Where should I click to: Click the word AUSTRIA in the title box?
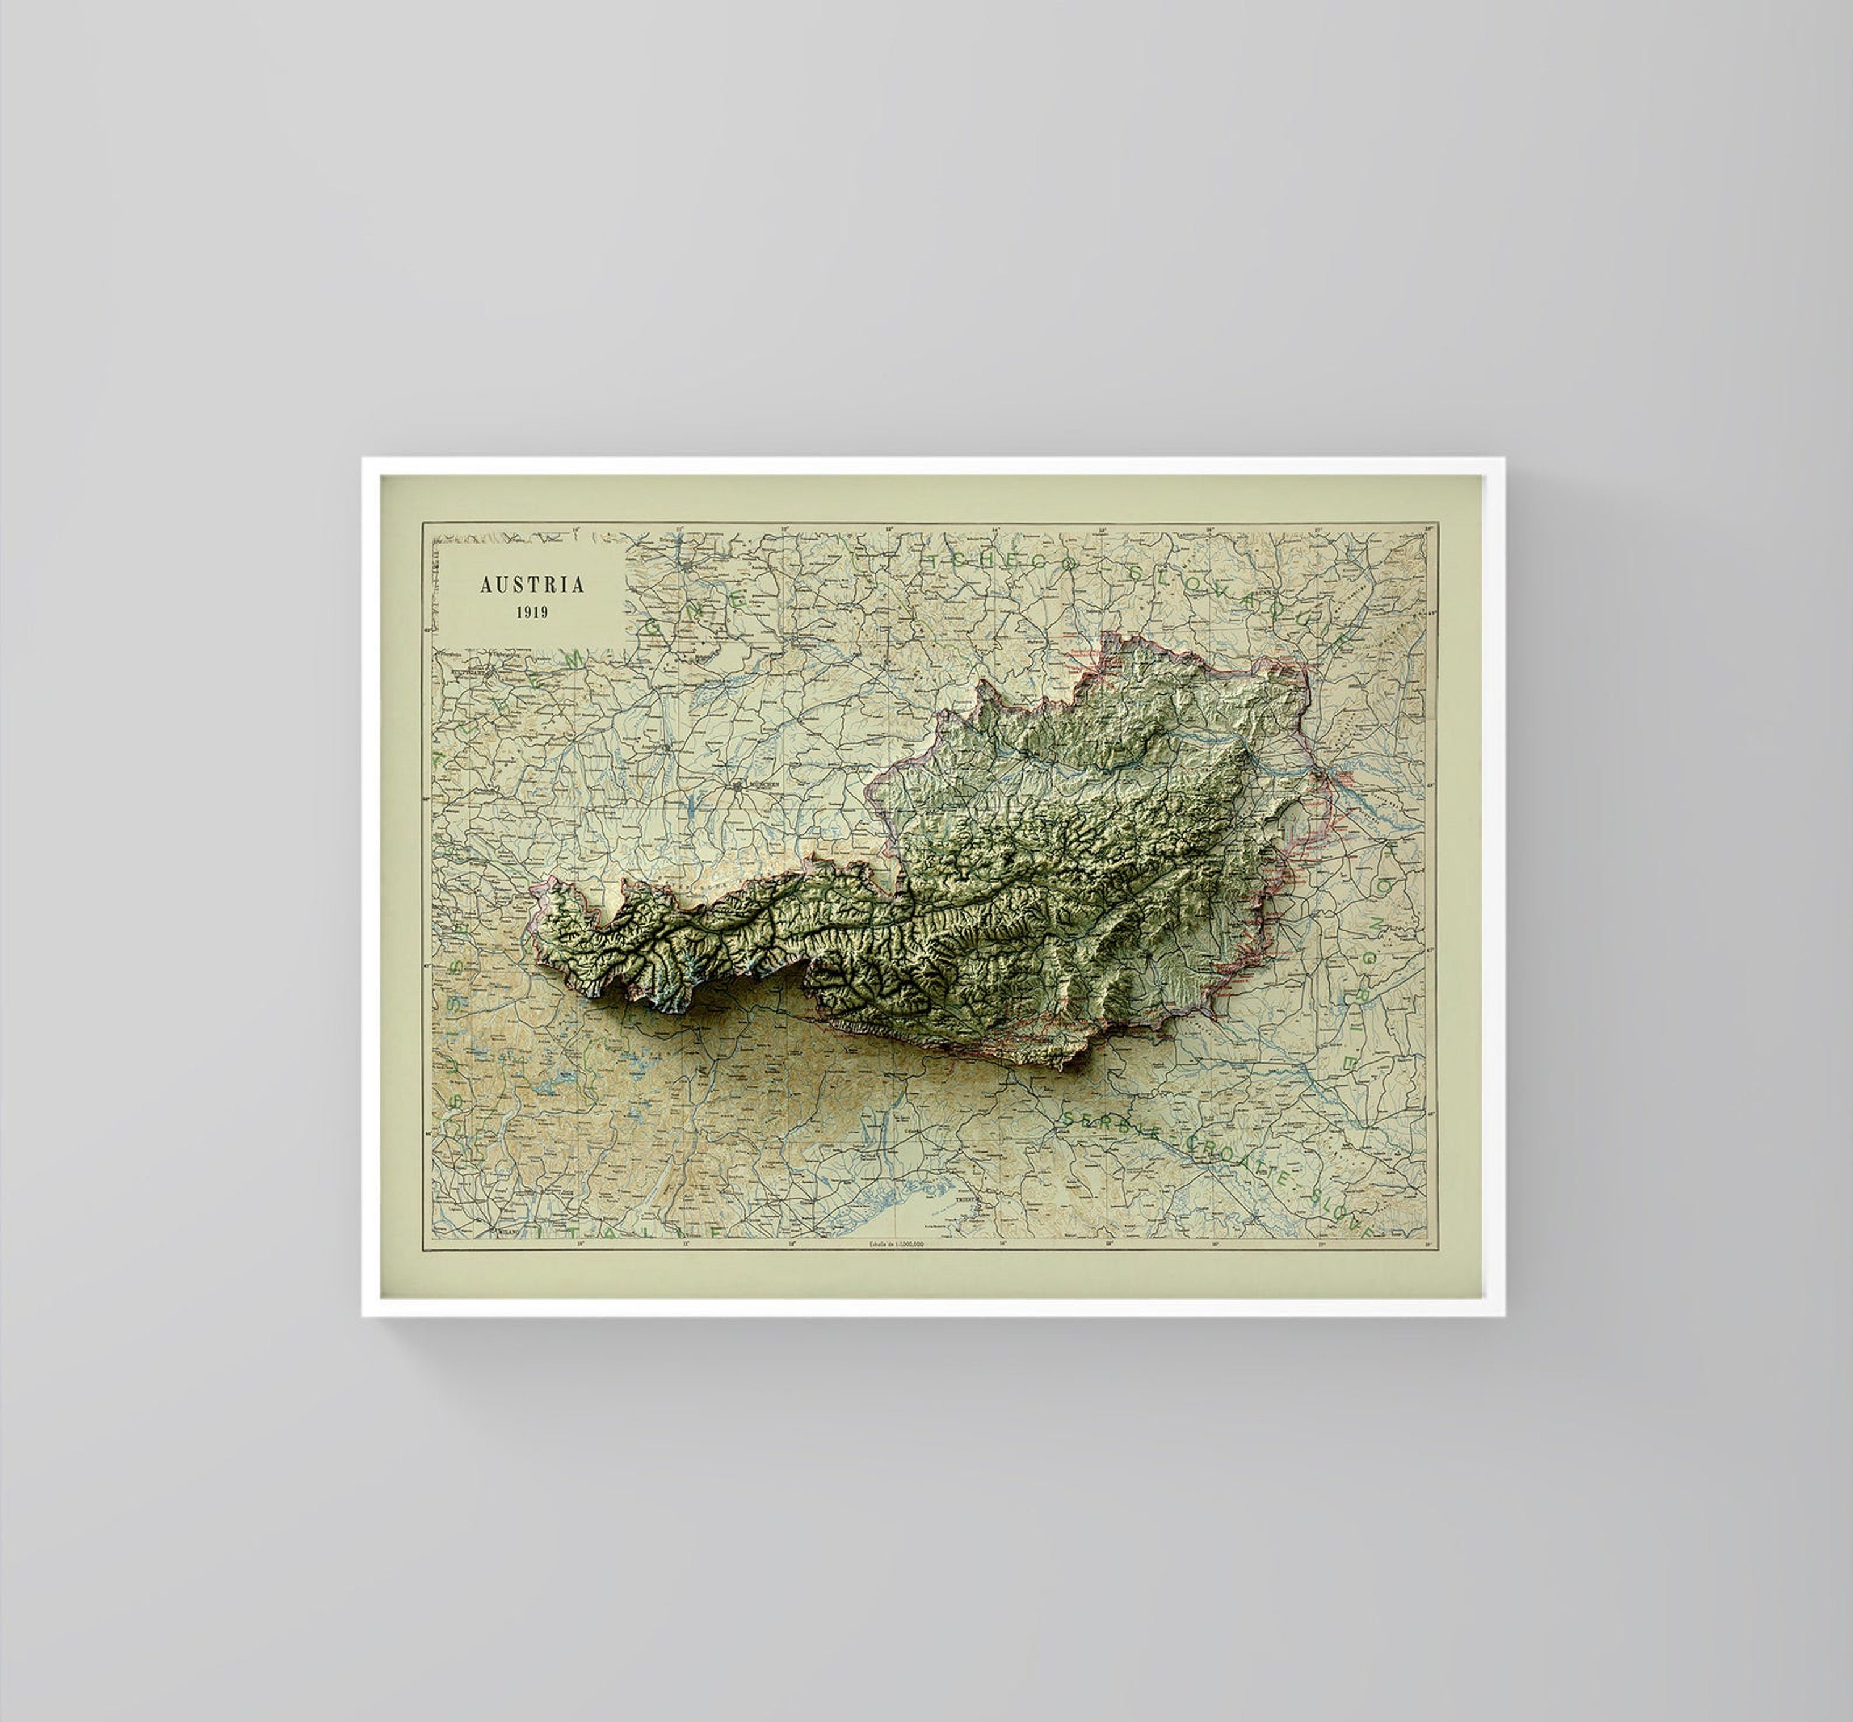pos(532,585)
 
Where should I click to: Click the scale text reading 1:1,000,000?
pos(897,1244)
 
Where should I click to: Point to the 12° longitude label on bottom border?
pos(792,1243)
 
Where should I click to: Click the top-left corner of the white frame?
pos(363,458)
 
